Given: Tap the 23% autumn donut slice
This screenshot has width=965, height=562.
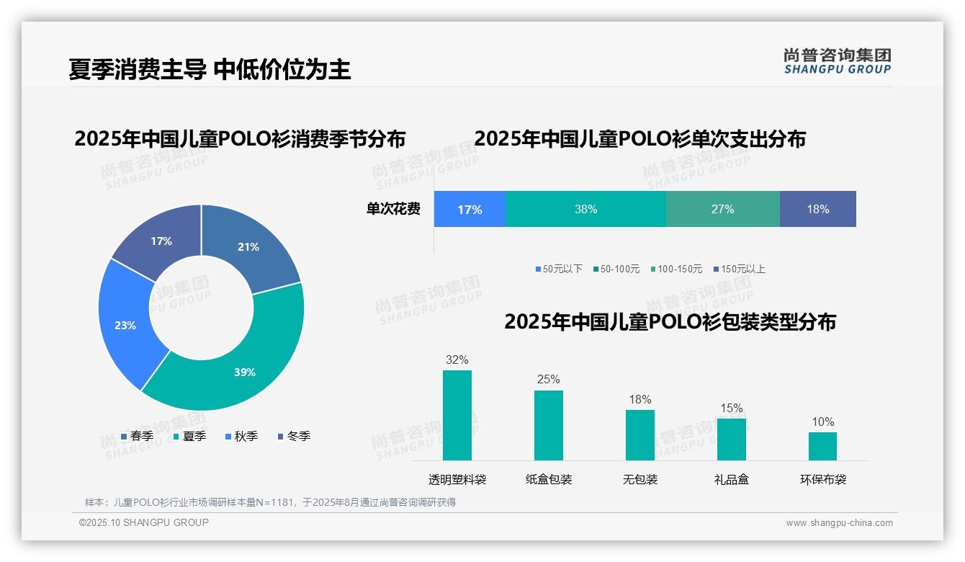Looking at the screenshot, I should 126,324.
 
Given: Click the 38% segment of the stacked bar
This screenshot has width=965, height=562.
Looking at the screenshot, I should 585,209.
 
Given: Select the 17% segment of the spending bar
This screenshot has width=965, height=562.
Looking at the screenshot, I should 470,209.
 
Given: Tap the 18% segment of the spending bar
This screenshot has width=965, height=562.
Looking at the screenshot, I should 817,209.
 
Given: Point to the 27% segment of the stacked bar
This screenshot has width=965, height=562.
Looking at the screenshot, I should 722,209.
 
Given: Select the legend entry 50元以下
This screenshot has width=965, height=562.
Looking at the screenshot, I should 559,269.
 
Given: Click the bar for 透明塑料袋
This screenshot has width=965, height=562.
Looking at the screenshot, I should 457,416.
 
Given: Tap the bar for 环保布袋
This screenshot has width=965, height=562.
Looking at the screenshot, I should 822,446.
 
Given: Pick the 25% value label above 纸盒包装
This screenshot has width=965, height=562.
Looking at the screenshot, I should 548,379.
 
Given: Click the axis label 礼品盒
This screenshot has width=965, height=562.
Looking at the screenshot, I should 731,479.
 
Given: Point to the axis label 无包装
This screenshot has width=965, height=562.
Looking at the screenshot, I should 639,479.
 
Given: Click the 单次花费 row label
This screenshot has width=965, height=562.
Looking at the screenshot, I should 393,209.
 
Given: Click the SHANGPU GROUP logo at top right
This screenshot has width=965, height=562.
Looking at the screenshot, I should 837,61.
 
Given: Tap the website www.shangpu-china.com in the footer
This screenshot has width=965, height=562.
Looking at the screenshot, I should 839,523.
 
